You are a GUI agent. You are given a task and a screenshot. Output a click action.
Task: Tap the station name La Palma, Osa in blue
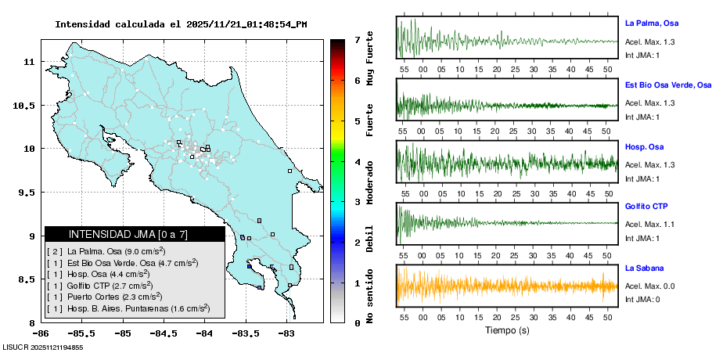click(654, 23)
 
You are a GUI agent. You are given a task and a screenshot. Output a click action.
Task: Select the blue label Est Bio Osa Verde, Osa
click(668, 85)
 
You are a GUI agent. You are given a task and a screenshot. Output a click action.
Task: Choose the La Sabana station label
click(645, 268)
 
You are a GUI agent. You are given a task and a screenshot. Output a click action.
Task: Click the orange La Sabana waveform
click(507, 286)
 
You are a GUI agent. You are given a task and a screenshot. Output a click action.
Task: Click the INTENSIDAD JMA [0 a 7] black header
click(135, 234)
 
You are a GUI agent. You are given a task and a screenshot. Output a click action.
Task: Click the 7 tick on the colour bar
click(357, 39)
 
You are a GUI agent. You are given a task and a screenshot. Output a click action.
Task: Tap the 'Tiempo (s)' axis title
click(507, 330)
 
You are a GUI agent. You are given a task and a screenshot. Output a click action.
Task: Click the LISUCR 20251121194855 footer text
click(43, 347)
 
